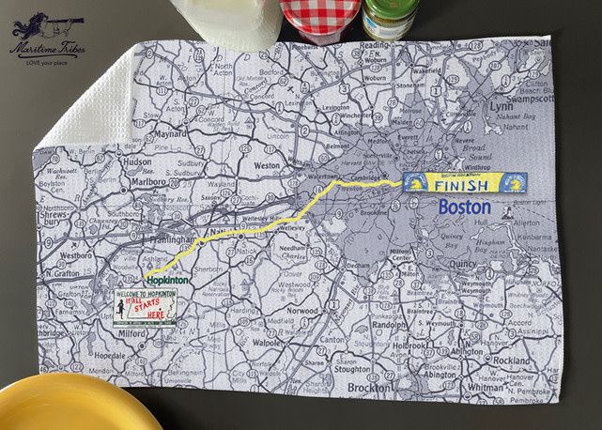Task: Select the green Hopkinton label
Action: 167,281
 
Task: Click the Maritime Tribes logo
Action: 42,34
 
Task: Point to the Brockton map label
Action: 369,388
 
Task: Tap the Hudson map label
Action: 137,161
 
